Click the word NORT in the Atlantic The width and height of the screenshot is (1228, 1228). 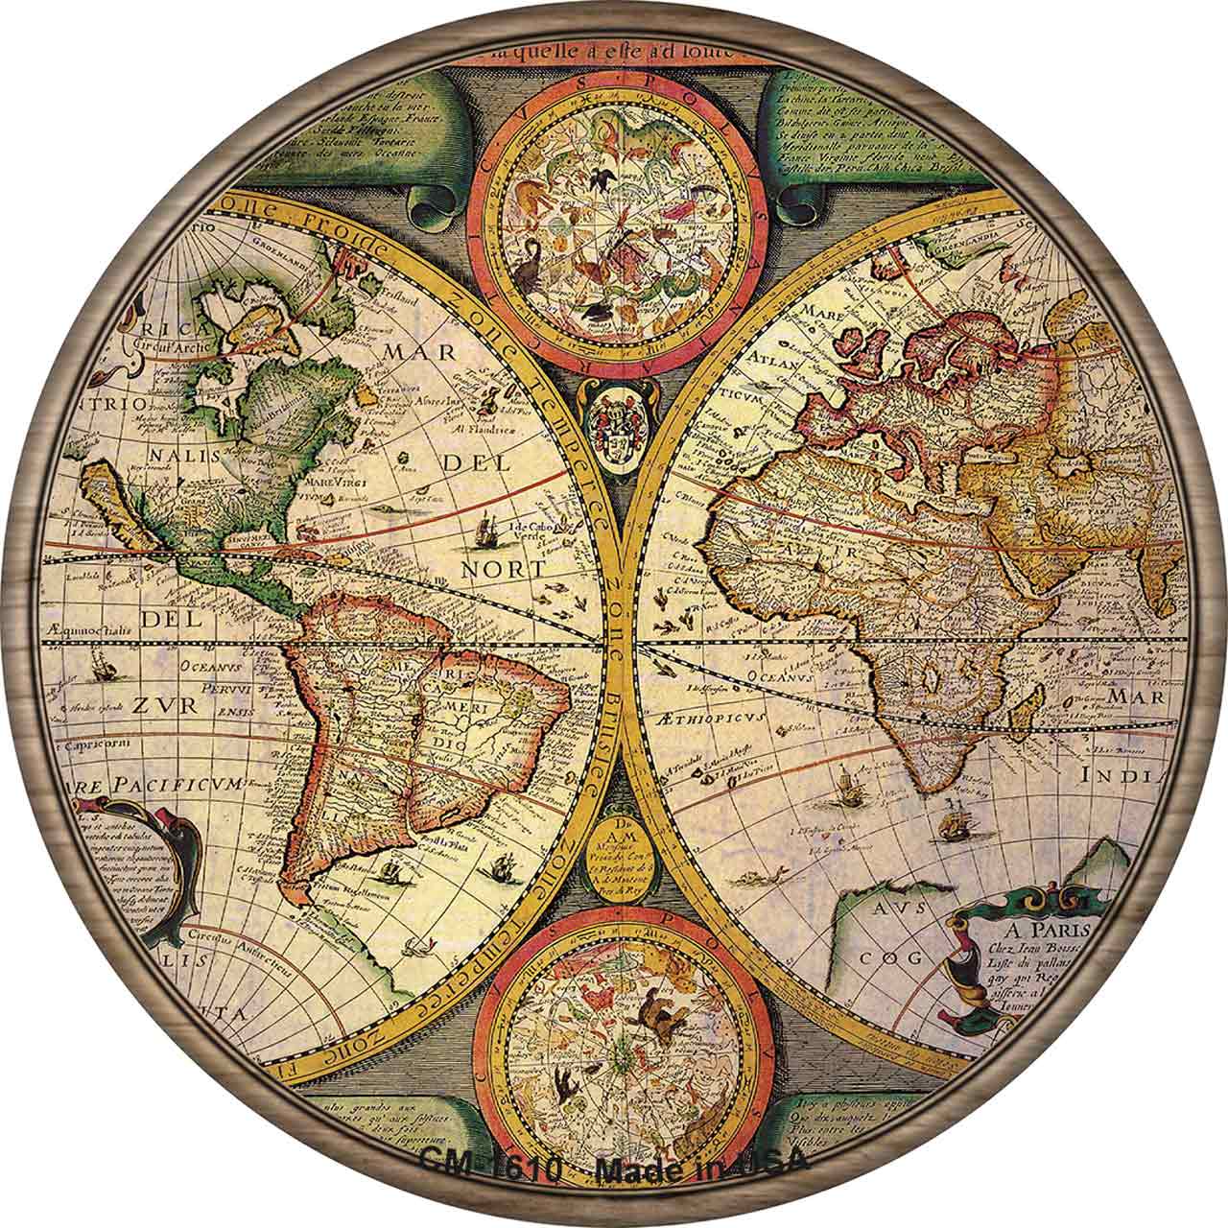503,568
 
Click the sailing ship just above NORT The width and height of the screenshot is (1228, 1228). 485,530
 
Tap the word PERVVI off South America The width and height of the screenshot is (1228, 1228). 228,687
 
